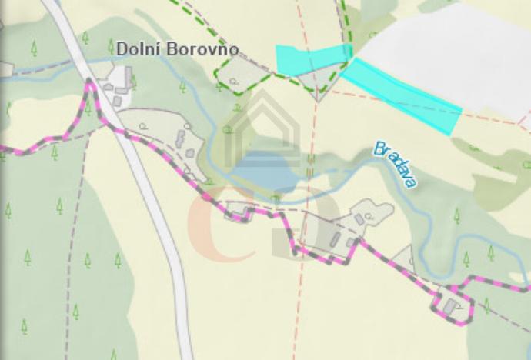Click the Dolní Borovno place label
click(177, 49)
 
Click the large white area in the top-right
click(454, 54)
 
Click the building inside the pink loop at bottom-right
click(449, 307)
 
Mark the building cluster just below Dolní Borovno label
click(119, 85)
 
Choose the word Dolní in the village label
click(135, 49)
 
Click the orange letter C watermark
click(212, 223)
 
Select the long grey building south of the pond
click(335, 239)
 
